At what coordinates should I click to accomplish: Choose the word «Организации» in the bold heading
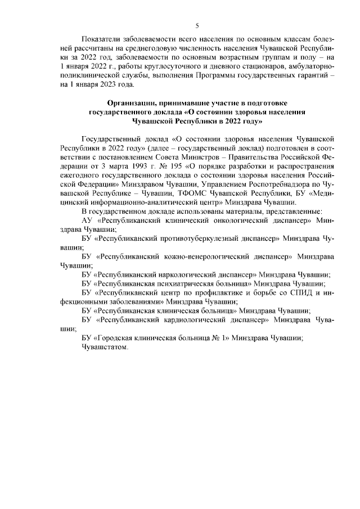pos(134,102)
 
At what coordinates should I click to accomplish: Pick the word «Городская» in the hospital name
pos(112,338)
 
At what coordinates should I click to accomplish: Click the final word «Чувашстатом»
pos(105,347)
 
